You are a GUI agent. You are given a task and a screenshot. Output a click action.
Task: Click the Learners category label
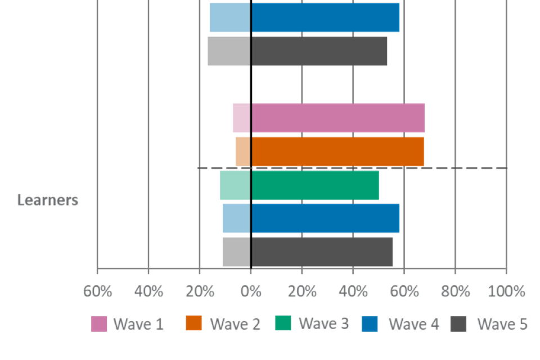click(48, 200)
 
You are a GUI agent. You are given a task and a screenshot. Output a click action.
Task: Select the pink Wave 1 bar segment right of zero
click(338, 118)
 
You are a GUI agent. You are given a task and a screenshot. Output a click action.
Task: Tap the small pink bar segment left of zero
click(241, 118)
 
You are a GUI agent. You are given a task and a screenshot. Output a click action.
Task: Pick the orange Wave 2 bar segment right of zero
click(337, 151)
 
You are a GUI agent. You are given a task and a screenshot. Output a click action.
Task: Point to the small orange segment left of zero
click(242, 151)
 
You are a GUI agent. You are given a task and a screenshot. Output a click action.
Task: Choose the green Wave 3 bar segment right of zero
click(315, 185)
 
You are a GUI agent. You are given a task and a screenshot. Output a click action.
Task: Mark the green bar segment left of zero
click(235, 185)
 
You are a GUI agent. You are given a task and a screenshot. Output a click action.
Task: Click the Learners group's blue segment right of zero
click(326, 218)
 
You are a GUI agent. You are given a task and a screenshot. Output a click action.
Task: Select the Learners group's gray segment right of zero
click(322, 252)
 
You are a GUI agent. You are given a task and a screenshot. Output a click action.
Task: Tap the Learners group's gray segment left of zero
click(236, 252)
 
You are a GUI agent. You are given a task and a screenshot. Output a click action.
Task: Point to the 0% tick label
click(251, 291)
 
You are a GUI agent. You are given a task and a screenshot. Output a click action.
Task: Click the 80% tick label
click(455, 291)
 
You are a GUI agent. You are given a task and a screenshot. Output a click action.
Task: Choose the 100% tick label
click(507, 291)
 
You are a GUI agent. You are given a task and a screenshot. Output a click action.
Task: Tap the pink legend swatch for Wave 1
click(98, 324)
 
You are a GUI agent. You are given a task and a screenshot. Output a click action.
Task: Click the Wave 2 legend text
click(235, 324)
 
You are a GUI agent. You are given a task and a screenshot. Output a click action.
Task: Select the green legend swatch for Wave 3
click(283, 323)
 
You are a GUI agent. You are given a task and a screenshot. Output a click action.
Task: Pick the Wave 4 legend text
click(413, 324)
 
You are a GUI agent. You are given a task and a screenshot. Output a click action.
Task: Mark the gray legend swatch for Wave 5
click(459, 324)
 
